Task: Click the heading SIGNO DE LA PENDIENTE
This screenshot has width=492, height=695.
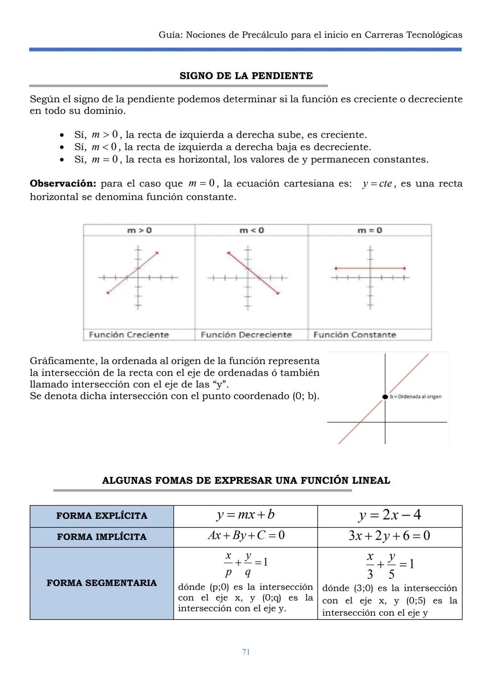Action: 246,76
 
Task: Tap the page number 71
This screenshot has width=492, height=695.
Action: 246,652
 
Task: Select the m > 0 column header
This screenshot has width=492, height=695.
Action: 139,230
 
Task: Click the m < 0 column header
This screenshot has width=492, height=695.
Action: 251,230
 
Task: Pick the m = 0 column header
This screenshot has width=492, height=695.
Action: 369,230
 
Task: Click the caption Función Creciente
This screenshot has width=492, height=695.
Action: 129,335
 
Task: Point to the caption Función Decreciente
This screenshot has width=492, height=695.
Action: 246,335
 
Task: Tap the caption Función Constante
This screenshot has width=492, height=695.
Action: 354,335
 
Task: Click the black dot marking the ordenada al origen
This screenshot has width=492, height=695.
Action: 385,396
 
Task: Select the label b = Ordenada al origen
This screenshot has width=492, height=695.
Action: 415,396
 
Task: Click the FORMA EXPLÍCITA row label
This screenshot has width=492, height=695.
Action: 102,516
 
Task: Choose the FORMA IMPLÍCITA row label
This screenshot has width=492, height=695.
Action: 102,537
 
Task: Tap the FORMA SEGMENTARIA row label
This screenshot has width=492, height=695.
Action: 102,583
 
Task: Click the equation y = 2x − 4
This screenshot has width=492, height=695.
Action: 389,515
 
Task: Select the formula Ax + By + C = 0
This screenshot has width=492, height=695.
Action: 246,535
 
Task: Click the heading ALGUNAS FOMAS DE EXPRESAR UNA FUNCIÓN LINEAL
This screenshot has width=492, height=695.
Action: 246,481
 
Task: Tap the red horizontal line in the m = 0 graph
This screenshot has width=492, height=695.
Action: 387,268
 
